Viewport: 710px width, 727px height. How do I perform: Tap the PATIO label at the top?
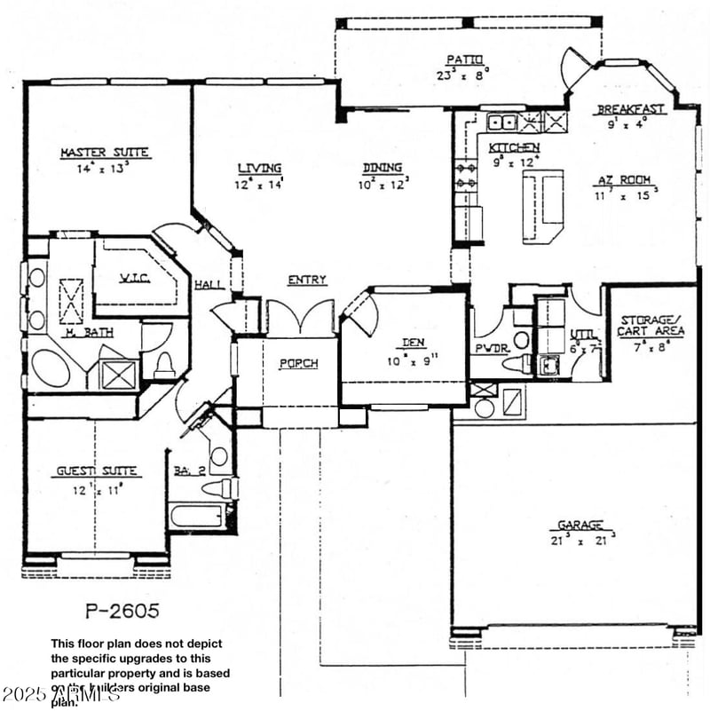pos(464,59)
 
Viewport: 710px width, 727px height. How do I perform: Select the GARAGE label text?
pos(581,525)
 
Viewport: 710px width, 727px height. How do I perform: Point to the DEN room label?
pos(413,342)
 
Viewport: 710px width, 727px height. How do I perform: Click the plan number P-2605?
pos(123,611)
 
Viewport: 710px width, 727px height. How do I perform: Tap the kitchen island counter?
pos(542,208)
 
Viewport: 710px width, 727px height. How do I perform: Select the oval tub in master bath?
pos(51,367)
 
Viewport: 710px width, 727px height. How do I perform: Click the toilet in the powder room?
pos(518,363)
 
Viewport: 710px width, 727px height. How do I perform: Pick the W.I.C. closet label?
pos(135,278)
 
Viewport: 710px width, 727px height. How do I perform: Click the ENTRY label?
pos(306,280)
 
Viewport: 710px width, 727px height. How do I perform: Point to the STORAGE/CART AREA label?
pos(651,326)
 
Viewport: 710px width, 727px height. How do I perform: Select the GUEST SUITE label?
pos(98,471)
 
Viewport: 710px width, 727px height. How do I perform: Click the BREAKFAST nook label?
pos(630,109)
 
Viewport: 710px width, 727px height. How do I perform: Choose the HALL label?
pos(209,284)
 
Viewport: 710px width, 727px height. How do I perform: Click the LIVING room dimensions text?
pos(258,185)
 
